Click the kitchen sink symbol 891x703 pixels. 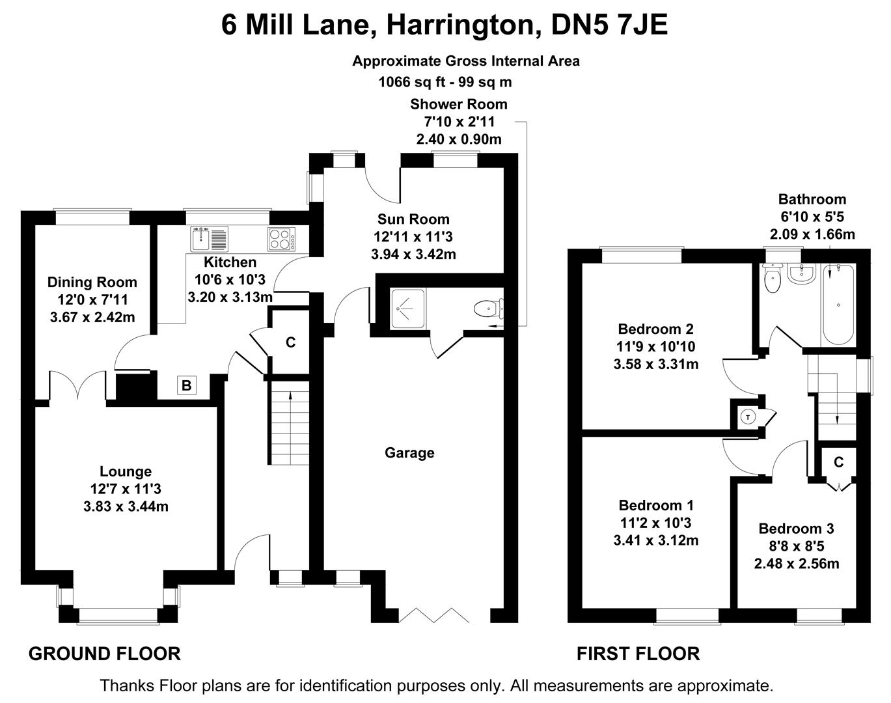coord(209,239)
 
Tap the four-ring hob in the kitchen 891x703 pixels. coord(281,239)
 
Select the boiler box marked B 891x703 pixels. coord(186,386)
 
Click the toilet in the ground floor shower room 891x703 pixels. coord(488,307)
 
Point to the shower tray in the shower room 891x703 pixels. coord(408,307)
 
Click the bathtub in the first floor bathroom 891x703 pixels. coord(838,304)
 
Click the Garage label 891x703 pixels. coord(409,453)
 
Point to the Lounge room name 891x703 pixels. coord(126,471)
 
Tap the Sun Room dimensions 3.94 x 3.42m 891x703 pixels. coord(413,255)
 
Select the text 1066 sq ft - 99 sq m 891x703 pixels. coord(445,83)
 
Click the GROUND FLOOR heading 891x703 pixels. coord(104,654)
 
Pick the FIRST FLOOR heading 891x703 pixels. coord(638,654)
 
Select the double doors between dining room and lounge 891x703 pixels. coord(78,387)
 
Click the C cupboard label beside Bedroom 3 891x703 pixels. coord(838,462)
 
